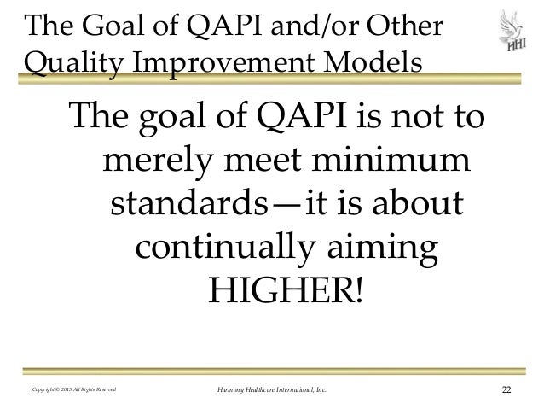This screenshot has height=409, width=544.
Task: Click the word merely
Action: pos(159,161)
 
